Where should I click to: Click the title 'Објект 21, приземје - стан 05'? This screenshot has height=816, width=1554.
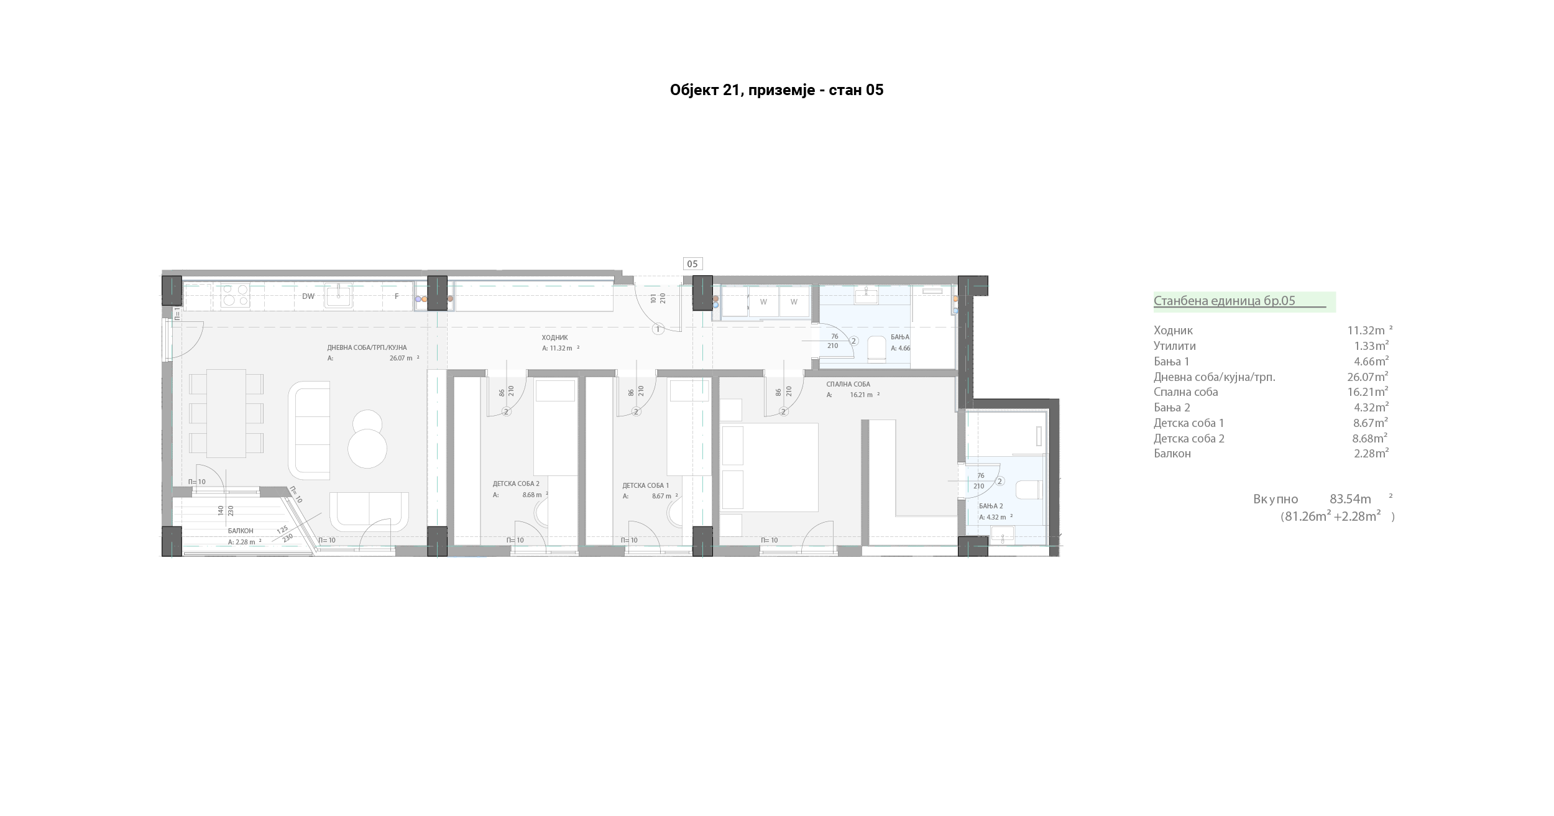[x=776, y=91]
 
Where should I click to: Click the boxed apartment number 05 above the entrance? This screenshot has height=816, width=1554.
[x=692, y=264]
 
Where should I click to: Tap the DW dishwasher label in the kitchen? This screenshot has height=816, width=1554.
[x=308, y=296]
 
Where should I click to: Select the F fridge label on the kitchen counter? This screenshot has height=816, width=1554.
[x=397, y=296]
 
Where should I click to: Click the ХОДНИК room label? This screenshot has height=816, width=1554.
[x=554, y=338]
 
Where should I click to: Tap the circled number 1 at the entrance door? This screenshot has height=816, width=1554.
[x=658, y=329]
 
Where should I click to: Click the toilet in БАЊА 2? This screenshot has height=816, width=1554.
[x=1028, y=490]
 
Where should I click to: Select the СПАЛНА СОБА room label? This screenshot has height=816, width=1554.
[x=848, y=385]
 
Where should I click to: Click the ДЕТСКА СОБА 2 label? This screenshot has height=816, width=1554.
[x=516, y=484]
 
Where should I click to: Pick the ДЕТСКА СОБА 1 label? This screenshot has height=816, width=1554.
[x=646, y=485]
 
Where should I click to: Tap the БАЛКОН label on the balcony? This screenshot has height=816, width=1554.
[x=241, y=531]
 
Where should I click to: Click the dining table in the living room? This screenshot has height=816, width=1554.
[x=226, y=413]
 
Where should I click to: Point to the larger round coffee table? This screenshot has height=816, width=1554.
[x=367, y=449]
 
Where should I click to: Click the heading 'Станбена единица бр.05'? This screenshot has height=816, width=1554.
[x=1225, y=301]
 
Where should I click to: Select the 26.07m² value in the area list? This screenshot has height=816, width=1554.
[x=1368, y=377]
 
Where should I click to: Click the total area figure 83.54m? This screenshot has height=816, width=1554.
[x=1350, y=499]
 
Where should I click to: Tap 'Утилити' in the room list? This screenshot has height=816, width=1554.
[x=1175, y=346]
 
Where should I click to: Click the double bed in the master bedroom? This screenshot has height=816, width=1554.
[x=769, y=467]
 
